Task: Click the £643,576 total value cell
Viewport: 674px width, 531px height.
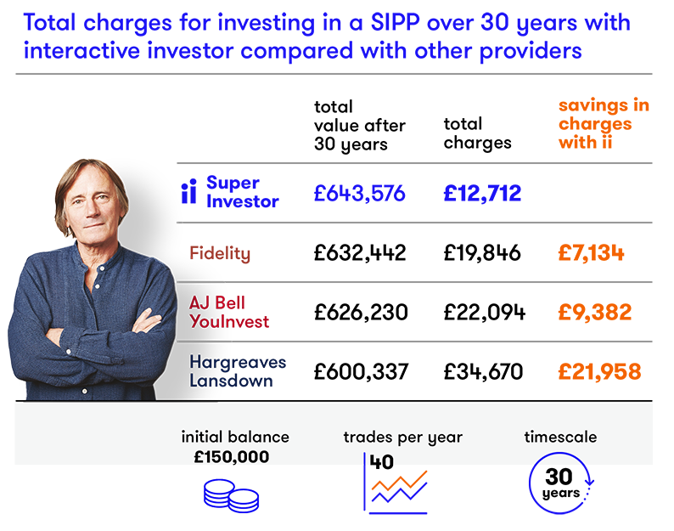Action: (x=359, y=193)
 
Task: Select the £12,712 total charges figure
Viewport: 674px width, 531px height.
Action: (x=482, y=193)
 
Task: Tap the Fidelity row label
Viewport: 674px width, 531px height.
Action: (x=220, y=253)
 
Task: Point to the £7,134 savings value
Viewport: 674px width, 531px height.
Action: (x=591, y=252)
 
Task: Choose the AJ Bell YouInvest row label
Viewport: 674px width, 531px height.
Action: (x=229, y=312)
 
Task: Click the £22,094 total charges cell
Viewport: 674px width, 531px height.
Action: (x=485, y=313)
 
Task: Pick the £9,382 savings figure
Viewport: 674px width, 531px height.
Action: (x=595, y=313)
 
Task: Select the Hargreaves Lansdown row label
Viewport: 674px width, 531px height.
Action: (x=238, y=371)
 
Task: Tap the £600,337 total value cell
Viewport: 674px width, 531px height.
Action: (x=361, y=372)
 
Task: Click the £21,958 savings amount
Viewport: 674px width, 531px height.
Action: (x=599, y=372)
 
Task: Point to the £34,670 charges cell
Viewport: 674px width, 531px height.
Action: (x=483, y=372)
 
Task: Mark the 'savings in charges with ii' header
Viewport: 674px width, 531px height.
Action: (x=604, y=123)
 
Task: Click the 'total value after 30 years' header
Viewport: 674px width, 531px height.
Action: (x=359, y=126)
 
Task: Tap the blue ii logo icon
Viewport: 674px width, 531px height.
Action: (x=188, y=191)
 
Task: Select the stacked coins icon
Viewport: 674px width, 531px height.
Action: (x=231, y=495)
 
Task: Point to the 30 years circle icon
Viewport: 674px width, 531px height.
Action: (x=561, y=483)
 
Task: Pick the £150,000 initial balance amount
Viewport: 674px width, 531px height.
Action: (x=231, y=457)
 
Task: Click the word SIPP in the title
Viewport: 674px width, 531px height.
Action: (x=395, y=23)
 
